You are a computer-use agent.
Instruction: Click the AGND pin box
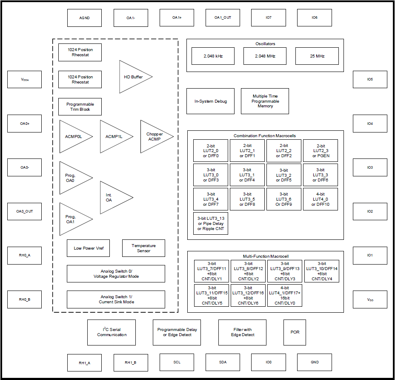click(84, 18)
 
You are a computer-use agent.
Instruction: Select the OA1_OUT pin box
click(223, 18)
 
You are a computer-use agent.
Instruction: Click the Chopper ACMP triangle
click(154, 136)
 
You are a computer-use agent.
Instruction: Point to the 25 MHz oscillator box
click(317, 56)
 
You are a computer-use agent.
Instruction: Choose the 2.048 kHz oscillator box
click(213, 56)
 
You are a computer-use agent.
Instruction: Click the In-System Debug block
click(210, 101)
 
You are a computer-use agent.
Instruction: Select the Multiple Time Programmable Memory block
click(265, 101)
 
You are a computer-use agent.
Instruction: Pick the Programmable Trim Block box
click(80, 107)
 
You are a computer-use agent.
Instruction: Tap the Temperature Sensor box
click(143, 248)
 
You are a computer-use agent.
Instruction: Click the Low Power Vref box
click(88, 248)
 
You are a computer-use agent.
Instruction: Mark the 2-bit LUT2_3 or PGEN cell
click(321, 151)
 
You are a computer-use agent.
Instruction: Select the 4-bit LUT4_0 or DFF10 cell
click(321, 199)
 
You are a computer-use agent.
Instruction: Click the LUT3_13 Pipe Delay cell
click(210, 224)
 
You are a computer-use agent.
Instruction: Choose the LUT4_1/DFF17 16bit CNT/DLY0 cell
click(284, 295)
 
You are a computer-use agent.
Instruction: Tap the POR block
click(295, 332)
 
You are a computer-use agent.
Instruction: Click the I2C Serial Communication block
click(112, 332)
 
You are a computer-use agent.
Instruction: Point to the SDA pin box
click(223, 362)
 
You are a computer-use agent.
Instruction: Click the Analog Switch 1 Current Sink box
click(116, 299)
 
